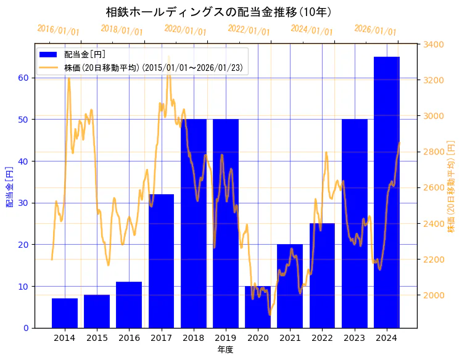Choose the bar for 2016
(129, 305)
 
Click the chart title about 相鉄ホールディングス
(219, 12)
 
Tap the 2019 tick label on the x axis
(226, 338)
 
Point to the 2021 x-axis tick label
(290, 338)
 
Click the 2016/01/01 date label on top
(58, 30)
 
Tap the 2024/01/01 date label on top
(311, 30)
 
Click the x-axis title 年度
(225, 350)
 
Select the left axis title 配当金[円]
(10, 186)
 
